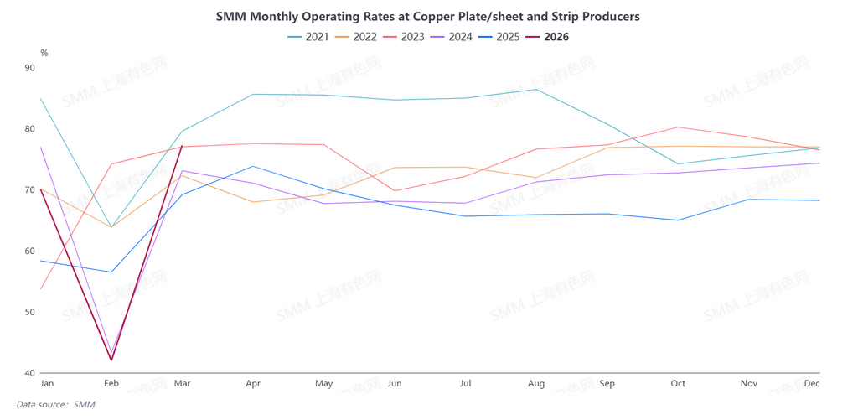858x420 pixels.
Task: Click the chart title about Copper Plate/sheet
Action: coord(427,17)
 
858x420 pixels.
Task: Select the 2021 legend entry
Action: coord(308,37)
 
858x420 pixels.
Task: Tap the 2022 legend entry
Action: coord(356,37)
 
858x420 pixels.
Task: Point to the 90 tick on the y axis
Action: coord(31,68)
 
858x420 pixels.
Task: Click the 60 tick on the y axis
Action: coord(31,251)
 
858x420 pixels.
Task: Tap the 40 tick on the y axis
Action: coord(31,373)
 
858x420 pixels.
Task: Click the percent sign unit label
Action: coord(44,53)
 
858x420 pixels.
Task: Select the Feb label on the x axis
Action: coord(111,384)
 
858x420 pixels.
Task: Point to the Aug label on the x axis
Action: coord(536,384)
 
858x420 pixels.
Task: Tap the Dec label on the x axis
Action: coord(812,384)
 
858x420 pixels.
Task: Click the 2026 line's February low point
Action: coord(111,360)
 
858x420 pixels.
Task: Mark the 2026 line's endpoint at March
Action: coord(182,146)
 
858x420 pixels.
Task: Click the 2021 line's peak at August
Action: coord(536,89)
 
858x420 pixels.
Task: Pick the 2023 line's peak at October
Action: coord(678,127)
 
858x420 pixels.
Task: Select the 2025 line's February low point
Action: coord(111,272)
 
